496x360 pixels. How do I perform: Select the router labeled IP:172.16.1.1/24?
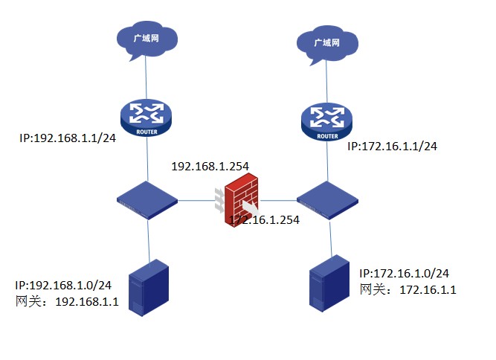coord(327,122)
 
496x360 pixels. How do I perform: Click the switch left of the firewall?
coord(147,199)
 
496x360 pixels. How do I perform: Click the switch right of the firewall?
coord(327,199)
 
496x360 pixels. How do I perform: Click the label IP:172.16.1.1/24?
coord(392,146)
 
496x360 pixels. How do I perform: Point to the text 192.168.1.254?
coord(210,167)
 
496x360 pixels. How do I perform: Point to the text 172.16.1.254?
coord(265,220)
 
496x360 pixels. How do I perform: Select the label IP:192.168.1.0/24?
coord(64,285)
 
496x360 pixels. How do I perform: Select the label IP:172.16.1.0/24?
coord(404,274)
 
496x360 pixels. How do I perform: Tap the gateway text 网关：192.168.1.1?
coord(67,301)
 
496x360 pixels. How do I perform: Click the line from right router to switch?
coord(327,161)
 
